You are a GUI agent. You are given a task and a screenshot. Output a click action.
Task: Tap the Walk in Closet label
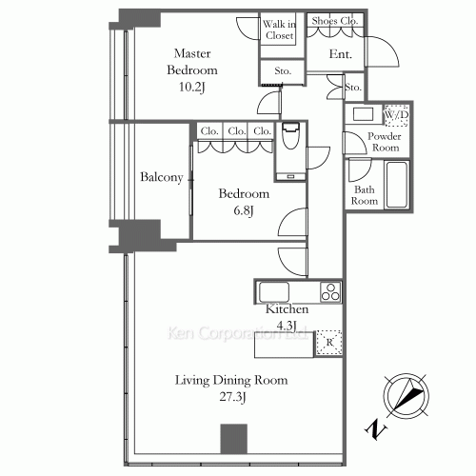point(279,30)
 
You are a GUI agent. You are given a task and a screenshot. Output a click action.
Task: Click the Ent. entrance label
point(341,55)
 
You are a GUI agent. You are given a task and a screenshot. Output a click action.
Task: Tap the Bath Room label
point(367,195)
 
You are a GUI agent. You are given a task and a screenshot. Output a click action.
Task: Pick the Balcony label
point(162,178)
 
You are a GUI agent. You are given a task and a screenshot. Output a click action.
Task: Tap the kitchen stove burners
point(330,292)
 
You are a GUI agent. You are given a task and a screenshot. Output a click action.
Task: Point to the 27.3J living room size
point(231,397)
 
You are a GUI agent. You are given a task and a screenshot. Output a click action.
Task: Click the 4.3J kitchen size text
point(286,327)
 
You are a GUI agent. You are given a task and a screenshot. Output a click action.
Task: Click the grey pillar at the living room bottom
point(233,438)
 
